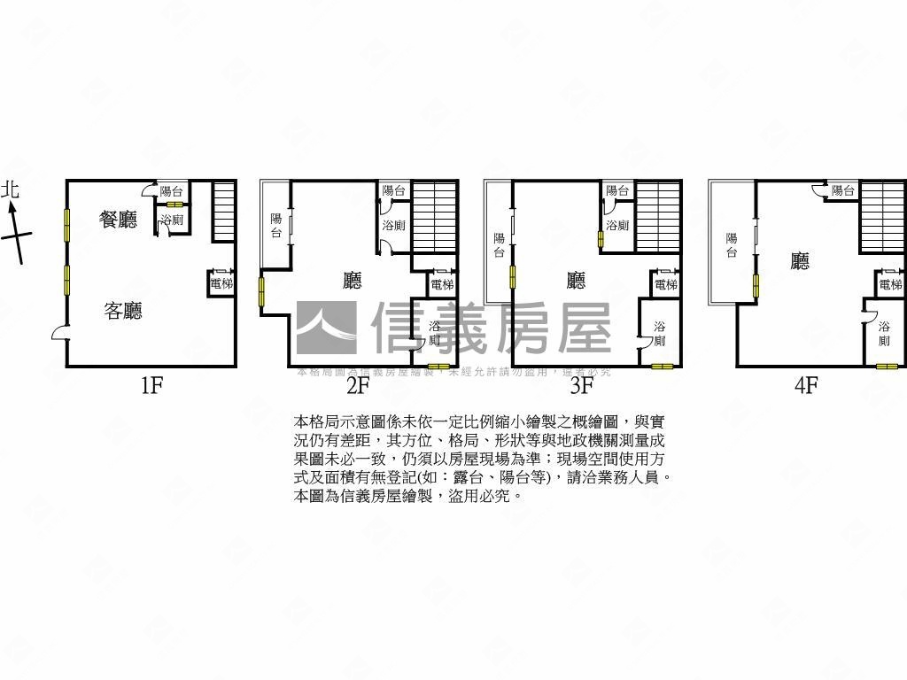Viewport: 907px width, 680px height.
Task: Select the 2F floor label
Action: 357,386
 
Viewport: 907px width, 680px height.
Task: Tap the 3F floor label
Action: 581,386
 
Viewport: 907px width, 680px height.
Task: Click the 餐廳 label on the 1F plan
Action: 119,220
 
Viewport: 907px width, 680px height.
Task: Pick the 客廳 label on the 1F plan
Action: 123,311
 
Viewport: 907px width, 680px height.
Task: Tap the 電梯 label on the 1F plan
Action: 221,284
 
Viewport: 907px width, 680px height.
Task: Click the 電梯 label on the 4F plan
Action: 890,284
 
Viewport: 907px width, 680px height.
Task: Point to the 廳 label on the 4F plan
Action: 801,260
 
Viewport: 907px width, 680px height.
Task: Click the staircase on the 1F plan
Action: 223,211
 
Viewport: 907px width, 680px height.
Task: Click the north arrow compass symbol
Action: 15,232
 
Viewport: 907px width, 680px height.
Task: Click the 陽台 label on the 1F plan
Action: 171,190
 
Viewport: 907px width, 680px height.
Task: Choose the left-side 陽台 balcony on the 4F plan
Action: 732,244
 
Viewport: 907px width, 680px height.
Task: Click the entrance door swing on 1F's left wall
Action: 59,333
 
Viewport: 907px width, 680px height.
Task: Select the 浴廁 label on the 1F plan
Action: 172,220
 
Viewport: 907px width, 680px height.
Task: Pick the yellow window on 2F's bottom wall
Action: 438,367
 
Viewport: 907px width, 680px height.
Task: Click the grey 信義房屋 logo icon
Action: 326,328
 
